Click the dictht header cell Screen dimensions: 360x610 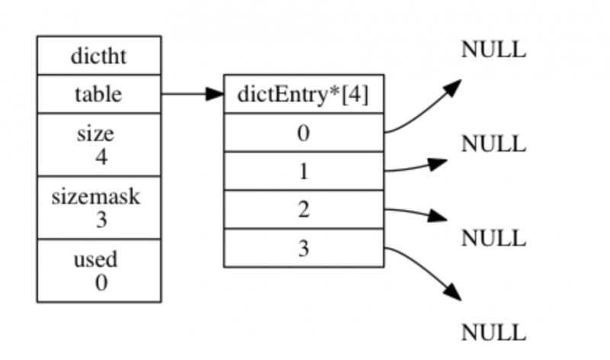point(98,56)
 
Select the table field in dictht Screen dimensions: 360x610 point(98,95)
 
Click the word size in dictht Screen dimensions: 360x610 point(95,134)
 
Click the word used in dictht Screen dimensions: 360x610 point(95,259)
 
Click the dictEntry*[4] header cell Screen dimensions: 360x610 point(303,95)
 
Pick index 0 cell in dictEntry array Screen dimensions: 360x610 point(303,133)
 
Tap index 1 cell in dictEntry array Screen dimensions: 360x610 point(303,171)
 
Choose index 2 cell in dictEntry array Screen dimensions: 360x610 point(303,209)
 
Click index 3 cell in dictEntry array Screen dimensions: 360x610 point(303,247)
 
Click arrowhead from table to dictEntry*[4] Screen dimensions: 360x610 point(213,95)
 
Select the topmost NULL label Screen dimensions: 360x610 point(493,50)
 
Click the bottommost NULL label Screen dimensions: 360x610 point(493,333)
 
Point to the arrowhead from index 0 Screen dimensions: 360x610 point(453,86)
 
